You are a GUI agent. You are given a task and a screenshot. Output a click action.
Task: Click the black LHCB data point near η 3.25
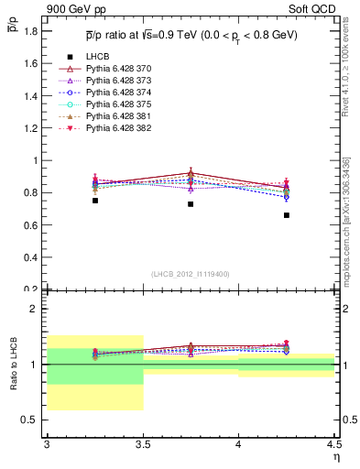(94, 201)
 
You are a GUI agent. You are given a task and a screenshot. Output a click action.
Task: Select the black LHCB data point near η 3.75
(191, 203)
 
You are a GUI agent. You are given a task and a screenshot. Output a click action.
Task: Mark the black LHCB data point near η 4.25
(287, 215)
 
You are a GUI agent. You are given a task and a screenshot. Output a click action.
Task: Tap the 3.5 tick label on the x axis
(143, 445)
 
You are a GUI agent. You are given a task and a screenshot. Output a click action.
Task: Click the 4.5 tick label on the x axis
(333, 445)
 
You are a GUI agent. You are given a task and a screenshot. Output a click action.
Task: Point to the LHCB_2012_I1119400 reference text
(191, 274)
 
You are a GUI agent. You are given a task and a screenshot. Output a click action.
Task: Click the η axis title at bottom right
(335, 456)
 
